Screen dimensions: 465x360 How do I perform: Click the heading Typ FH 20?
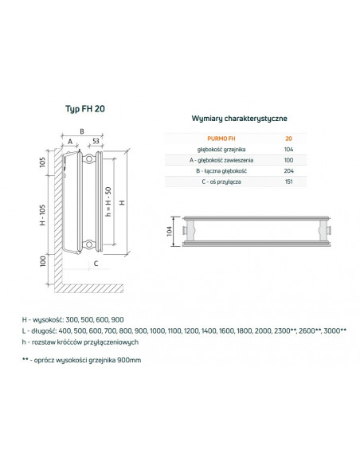pyautogui.click(x=83, y=108)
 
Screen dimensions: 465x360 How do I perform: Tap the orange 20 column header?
pyautogui.click(x=288, y=139)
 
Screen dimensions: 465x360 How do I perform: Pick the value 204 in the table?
pyautogui.click(x=288, y=171)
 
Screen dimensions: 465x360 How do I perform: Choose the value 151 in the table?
pyautogui.click(x=288, y=182)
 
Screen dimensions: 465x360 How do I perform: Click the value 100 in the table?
pyautogui.click(x=288, y=160)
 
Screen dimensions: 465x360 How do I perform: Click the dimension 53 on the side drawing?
pyautogui.click(x=96, y=141)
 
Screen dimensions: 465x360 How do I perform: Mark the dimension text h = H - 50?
pyautogui.click(x=108, y=205)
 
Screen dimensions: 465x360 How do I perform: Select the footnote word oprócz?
pyautogui.click(x=62, y=360)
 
